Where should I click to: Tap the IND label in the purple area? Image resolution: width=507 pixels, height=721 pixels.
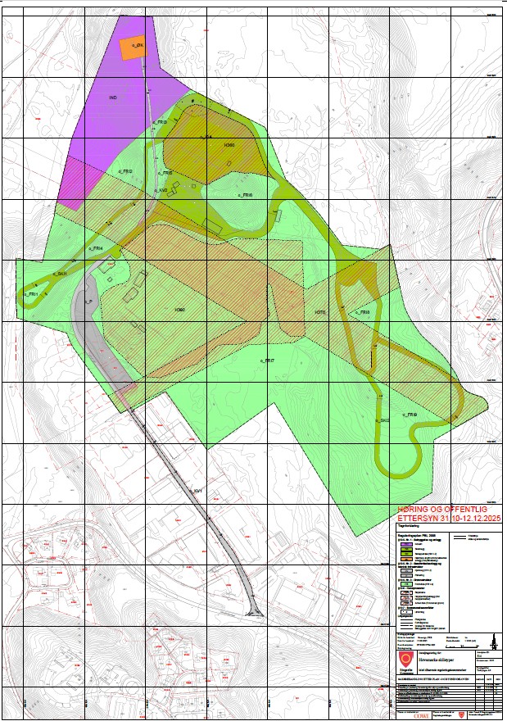114,97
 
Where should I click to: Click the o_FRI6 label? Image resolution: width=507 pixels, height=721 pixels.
245,196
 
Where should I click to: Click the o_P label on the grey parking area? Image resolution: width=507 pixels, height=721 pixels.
87,302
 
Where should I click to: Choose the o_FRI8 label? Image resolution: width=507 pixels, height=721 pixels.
364,312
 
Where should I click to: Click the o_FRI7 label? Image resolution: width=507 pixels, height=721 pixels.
267,360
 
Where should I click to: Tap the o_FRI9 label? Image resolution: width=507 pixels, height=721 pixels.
410,415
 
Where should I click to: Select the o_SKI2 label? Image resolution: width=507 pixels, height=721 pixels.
382,420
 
